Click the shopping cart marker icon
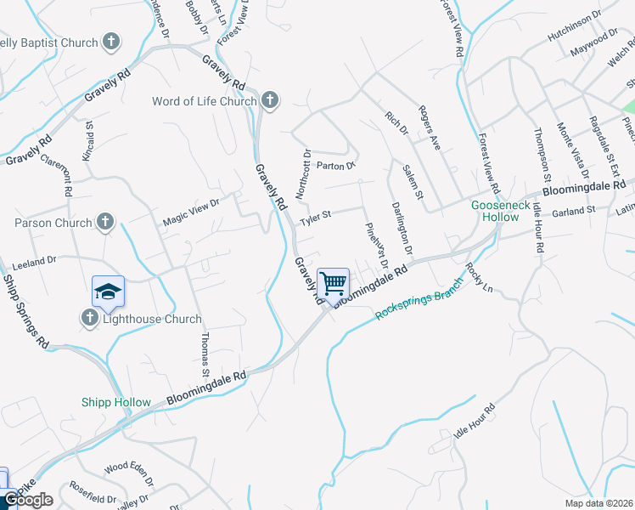(x=334, y=282)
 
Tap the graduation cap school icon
(x=108, y=292)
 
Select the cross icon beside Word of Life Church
(x=270, y=101)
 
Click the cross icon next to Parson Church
(x=105, y=223)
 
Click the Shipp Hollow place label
(x=116, y=402)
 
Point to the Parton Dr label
(x=334, y=165)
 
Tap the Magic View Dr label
(x=191, y=212)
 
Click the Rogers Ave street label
(x=428, y=128)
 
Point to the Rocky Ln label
(x=479, y=277)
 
